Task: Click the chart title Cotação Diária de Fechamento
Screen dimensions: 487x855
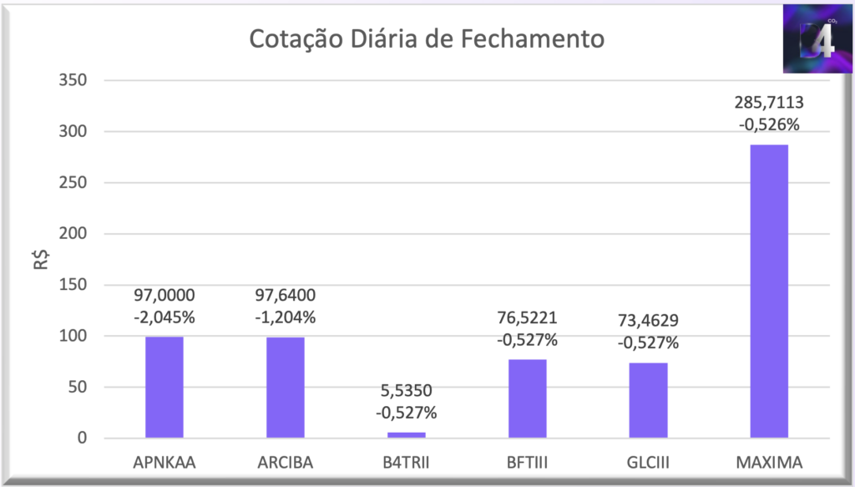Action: point(427,39)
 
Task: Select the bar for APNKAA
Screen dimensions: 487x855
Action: point(164,387)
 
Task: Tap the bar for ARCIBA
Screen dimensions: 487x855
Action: point(286,387)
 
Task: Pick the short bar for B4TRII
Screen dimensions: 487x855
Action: point(407,434)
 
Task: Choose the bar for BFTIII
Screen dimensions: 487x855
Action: point(528,398)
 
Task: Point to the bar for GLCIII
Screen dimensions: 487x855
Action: point(649,400)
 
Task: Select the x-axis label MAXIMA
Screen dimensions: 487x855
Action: point(769,462)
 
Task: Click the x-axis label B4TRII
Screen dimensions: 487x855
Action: point(407,462)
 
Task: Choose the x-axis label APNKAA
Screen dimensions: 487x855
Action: point(164,462)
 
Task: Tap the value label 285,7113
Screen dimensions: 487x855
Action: point(769,104)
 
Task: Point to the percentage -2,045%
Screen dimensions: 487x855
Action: point(164,317)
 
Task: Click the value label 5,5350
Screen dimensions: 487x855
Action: point(407,391)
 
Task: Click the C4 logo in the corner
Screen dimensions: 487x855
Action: point(817,39)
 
